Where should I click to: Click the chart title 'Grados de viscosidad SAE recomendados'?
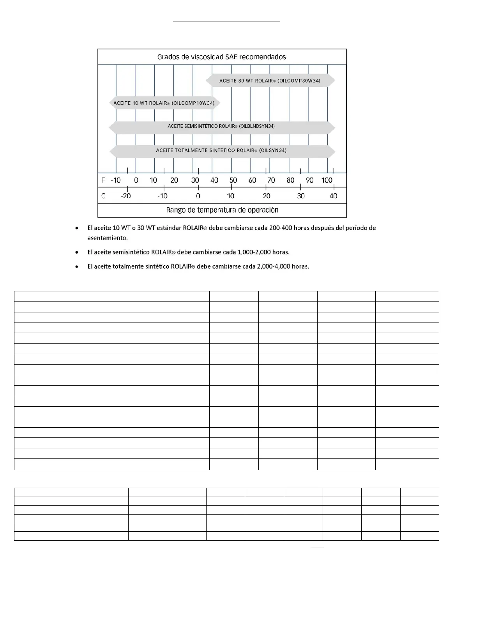pos(221,57)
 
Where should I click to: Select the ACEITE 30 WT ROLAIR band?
pos(270,81)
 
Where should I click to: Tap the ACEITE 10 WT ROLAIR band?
pos(164,103)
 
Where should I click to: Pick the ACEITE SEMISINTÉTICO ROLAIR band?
pos(221,126)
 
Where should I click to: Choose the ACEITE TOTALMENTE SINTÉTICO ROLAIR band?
pos(221,150)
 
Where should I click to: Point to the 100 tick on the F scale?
pos(327,180)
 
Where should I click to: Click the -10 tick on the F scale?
pos(116,180)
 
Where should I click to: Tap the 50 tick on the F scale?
pos(233,180)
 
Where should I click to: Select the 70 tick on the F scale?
pos(271,180)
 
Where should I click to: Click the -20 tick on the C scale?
pos(126,196)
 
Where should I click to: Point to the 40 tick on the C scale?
pos(333,196)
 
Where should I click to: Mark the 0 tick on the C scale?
pos(198,196)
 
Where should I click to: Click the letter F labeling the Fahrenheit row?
pos(103,180)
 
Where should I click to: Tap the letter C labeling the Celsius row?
pos(103,196)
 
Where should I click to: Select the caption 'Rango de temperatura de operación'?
pos(222,210)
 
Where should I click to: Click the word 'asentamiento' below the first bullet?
pos(107,238)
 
